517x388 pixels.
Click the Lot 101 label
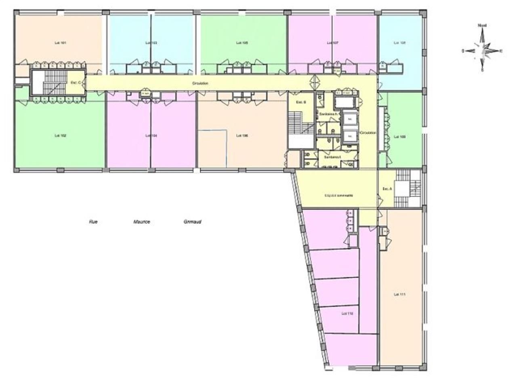60,42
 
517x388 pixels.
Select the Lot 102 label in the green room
60,136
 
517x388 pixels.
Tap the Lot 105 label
242,42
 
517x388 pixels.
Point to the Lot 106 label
242,136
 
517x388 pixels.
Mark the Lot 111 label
399,295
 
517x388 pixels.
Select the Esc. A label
387,189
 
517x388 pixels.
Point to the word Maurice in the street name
141,222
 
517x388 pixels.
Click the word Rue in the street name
93,222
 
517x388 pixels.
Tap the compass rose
483,51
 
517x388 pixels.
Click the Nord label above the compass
482,25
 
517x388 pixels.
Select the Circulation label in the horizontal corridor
200,83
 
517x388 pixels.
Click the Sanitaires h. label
328,114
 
